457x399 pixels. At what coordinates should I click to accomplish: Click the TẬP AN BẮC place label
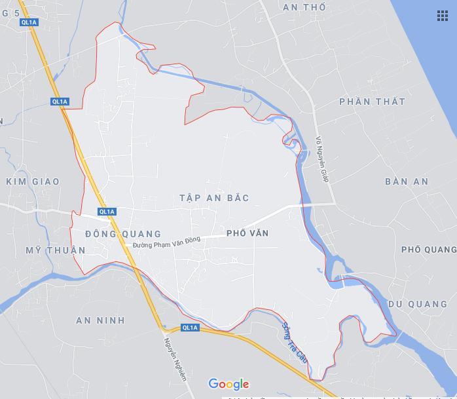214,198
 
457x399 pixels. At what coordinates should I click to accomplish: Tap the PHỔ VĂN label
247,233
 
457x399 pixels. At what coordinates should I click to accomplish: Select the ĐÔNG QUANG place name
123,234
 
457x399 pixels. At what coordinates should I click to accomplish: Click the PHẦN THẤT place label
373,102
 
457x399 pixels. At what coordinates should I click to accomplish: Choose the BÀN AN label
407,181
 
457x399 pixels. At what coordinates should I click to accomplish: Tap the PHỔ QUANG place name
428,250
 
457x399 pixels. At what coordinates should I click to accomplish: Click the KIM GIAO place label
33,181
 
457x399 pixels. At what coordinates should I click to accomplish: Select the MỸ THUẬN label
56,250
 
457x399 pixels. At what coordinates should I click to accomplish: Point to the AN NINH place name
100,320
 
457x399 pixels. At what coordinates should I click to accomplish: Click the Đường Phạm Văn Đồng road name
166,242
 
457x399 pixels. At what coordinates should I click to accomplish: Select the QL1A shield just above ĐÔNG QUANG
107,212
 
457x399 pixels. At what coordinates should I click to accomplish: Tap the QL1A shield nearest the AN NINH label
190,328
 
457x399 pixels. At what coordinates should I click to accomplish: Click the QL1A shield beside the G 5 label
29,22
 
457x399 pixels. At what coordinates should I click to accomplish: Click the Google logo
228,384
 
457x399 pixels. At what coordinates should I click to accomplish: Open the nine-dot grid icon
443,16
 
